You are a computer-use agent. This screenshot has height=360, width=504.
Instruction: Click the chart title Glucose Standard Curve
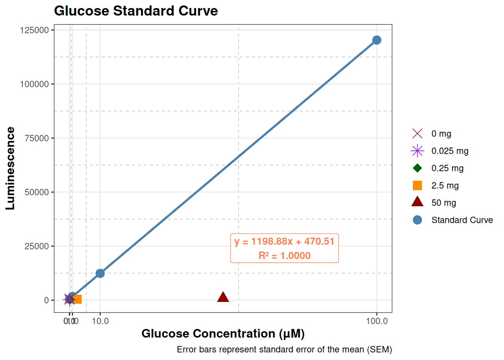coord(136,11)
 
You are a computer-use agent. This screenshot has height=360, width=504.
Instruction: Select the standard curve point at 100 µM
coord(377,40)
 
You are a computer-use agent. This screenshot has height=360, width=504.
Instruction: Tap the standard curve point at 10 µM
coord(100,273)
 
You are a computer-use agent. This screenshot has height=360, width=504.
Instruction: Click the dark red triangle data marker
coord(223,297)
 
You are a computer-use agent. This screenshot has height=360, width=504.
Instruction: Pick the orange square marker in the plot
coord(77,299)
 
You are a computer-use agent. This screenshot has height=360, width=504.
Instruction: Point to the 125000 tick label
coord(34,30)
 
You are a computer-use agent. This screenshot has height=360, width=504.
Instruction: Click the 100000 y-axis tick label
coord(34,84)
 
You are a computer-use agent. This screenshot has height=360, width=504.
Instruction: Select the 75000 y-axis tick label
coord(37,138)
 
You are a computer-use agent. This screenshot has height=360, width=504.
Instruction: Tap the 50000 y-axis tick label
coord(37,192)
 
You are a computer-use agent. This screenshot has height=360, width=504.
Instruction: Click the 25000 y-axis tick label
coord(37,246)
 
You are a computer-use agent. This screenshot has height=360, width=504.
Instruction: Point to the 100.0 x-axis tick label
coord(377,321)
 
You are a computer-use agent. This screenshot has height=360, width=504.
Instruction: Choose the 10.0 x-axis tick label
coord(100,321)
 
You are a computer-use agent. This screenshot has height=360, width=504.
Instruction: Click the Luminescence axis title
coord(10,168)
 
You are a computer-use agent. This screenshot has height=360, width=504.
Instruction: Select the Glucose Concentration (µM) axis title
coord(223,333)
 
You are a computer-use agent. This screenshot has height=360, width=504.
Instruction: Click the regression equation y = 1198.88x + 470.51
coord(284,241)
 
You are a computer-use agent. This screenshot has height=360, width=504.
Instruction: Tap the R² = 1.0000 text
coord(284,256)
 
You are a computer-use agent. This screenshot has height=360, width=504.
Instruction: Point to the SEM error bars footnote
coord(284,349)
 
